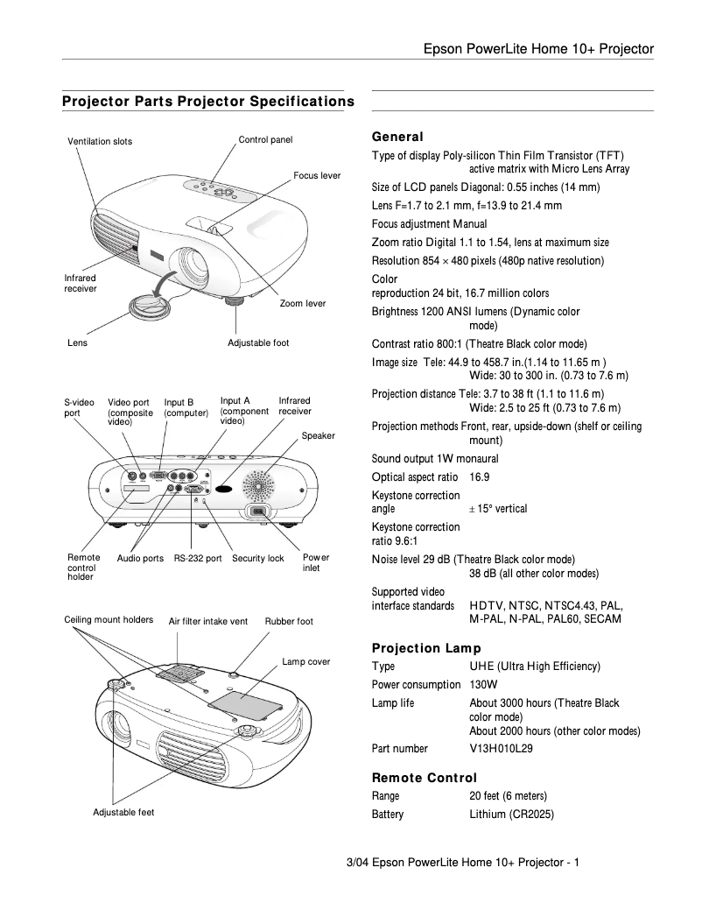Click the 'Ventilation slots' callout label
point(100,141)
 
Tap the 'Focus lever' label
point(317,175)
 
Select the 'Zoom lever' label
point(302,303)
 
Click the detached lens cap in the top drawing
point(147,305)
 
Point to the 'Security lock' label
point(258,558)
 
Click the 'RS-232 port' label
point(198,558)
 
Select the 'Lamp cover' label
point(305,661)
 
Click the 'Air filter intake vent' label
point(208,621)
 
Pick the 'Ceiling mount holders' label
point(109,620)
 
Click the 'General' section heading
point(397,137)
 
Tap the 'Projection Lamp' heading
point(426,648)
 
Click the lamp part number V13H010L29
point(501,749)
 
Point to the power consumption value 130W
point(484,684)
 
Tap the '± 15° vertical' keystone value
point(498,508)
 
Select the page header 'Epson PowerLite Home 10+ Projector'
point(538,49)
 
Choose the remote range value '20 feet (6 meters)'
point(508,796)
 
